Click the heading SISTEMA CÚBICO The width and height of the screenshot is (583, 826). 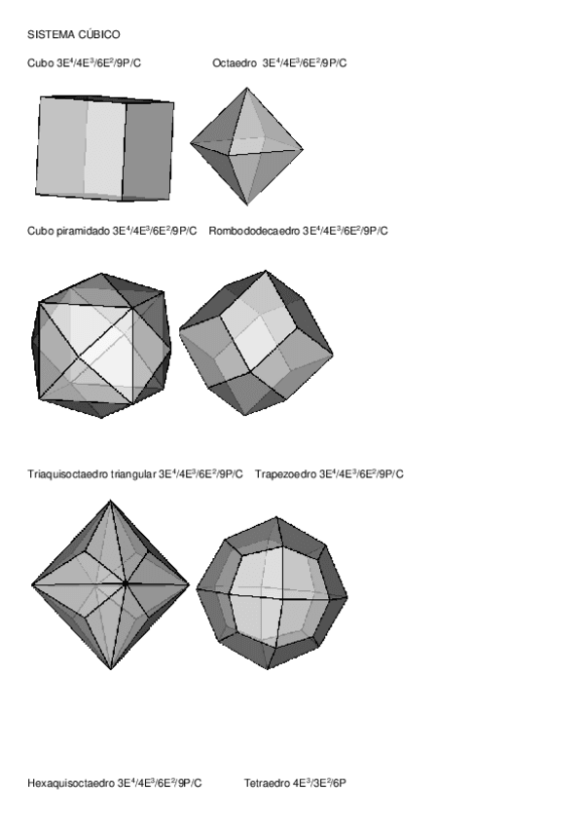coord(73,34)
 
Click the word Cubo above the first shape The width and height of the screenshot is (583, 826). coord(41,63)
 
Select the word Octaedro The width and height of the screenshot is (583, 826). coord(234,63)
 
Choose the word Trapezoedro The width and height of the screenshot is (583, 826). coord(285,474)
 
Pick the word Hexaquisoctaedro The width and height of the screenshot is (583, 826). coord(71,782)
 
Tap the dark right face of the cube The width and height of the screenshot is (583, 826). coord(149,147)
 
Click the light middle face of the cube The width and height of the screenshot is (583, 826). coord(105,147)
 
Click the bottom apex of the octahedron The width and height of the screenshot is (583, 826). coord(247,206)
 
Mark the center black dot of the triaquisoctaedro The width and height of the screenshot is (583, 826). coord(126,583)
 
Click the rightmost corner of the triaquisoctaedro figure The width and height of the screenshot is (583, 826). coord(189,584)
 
